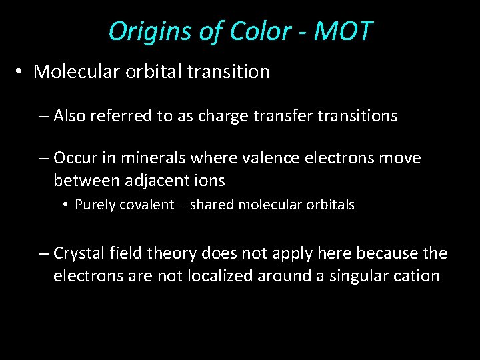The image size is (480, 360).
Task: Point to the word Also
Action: pyautogui.click(x=70, y=116)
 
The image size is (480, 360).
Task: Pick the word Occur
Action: pyautogui.click(x=75, y=158)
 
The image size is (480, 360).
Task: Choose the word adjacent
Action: pyautogui.click(x=146, y=180)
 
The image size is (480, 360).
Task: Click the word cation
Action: pyautogui.click(x=418, y=275)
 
